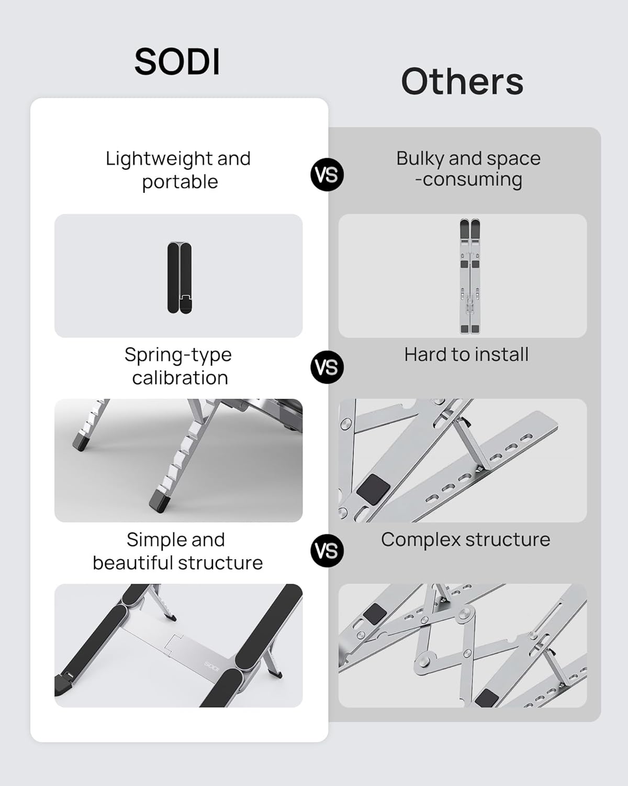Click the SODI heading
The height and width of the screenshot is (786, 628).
click(177, 62)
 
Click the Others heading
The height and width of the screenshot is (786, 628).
click(462, 82)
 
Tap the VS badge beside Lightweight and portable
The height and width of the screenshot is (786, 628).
click(327, 174)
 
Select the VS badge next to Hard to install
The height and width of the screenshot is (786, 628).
click(327, 367)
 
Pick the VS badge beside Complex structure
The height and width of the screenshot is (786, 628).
click(327, 551)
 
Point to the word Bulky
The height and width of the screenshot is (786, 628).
click(420, 158)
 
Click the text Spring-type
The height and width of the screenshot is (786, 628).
click(178, 355)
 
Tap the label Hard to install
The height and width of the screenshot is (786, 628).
click(466, 355)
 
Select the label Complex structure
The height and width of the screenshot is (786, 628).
click(465, 540)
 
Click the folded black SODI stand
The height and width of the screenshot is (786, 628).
click(180, 277)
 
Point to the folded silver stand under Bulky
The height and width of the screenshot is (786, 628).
click(469, 276)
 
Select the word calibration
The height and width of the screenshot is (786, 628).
click(180, 378)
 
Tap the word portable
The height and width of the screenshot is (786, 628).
click(180, 182)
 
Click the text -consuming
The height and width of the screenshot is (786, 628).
click(468, 179)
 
